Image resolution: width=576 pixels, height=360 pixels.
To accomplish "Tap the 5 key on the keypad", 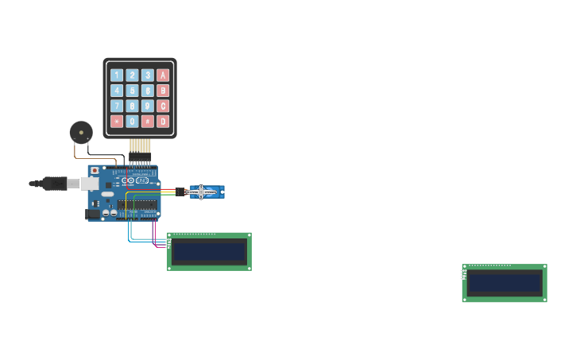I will click(132, 91).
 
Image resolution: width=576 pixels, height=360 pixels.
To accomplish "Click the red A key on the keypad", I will click(163, 75).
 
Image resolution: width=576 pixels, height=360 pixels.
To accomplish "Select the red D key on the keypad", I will click(163, 122).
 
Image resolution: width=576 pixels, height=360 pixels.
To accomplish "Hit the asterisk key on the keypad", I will click(117, 122).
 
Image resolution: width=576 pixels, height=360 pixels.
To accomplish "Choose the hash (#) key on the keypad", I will click(148, 122).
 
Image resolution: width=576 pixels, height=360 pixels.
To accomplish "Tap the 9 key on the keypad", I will click(148, 106).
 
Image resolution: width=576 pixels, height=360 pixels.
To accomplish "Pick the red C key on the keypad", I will click(163, 106).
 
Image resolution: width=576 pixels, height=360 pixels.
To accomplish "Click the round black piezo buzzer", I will click(81, 132).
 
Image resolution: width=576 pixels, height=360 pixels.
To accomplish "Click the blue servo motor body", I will click(207, 192).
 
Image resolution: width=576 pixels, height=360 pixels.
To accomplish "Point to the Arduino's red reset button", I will click(95, 170).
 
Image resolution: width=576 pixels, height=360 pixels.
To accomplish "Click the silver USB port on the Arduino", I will click(90, 184).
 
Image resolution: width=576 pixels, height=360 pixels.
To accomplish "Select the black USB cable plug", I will click(55, 184).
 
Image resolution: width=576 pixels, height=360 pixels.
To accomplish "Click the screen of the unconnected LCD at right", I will click(504, 284).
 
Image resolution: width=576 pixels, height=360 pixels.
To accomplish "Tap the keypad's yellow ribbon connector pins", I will click(140, 145).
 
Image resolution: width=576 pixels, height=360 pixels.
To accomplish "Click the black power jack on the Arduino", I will click(93, 213).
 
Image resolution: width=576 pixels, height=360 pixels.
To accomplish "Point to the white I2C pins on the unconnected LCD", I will click(463, 274).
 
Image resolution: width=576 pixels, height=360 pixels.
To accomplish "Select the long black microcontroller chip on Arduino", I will click(137, 205).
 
